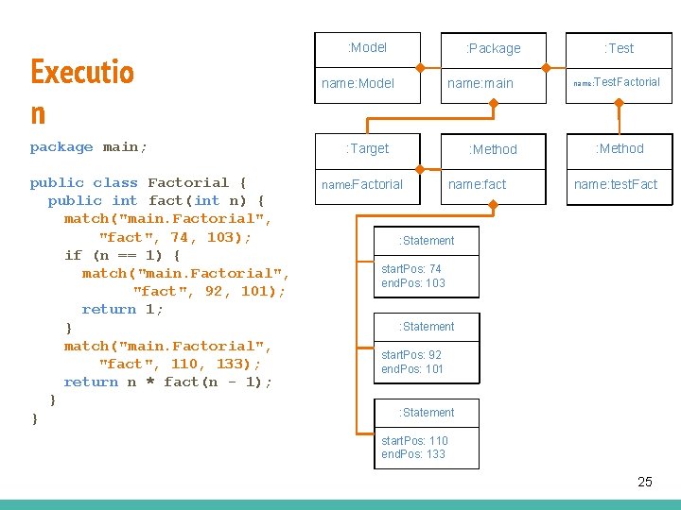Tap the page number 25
coord(644,482)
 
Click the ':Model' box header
coord(367,47)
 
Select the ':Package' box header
coord(493,48)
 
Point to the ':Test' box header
coord(619,48)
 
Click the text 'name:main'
coord(480,83)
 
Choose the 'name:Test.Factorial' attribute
coord(617,82)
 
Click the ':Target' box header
coord(367,148)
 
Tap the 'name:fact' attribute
coord(477,184)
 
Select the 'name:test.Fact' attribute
coord(616,184)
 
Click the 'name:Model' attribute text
coord(358,83)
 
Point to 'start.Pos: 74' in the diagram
coord(411,269)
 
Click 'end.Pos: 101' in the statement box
coord(412,368)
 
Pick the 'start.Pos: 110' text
coord(414,440)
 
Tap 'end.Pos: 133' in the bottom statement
coord(412,453)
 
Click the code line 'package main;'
coord(89,146)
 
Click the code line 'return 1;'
coord(122,309)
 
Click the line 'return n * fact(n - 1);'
coord(167,382)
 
